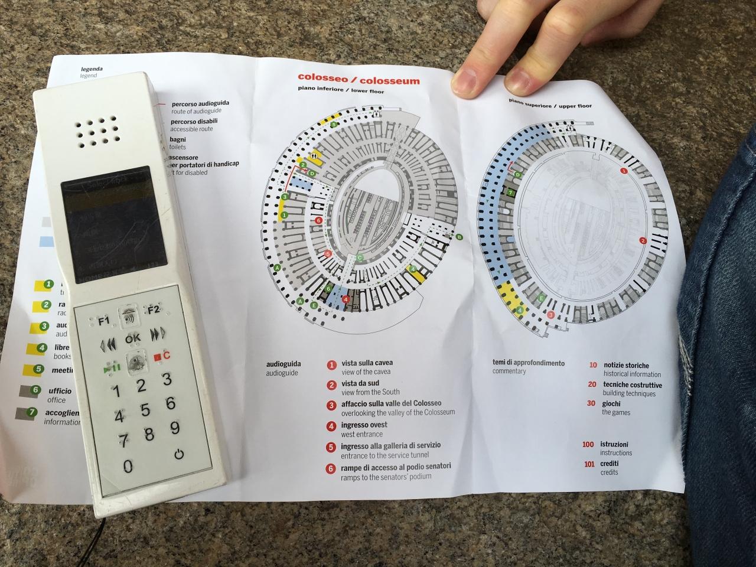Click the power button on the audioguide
point(179,455)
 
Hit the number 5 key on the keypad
point(145,410)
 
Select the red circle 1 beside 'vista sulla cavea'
point(331,365)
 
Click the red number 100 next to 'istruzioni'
point(588,444)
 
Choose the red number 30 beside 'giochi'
point(591,404)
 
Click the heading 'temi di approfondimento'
point(529,363)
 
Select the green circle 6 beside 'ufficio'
point(35,390)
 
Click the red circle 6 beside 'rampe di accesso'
point(331,469)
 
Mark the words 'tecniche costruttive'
point(632,385)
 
